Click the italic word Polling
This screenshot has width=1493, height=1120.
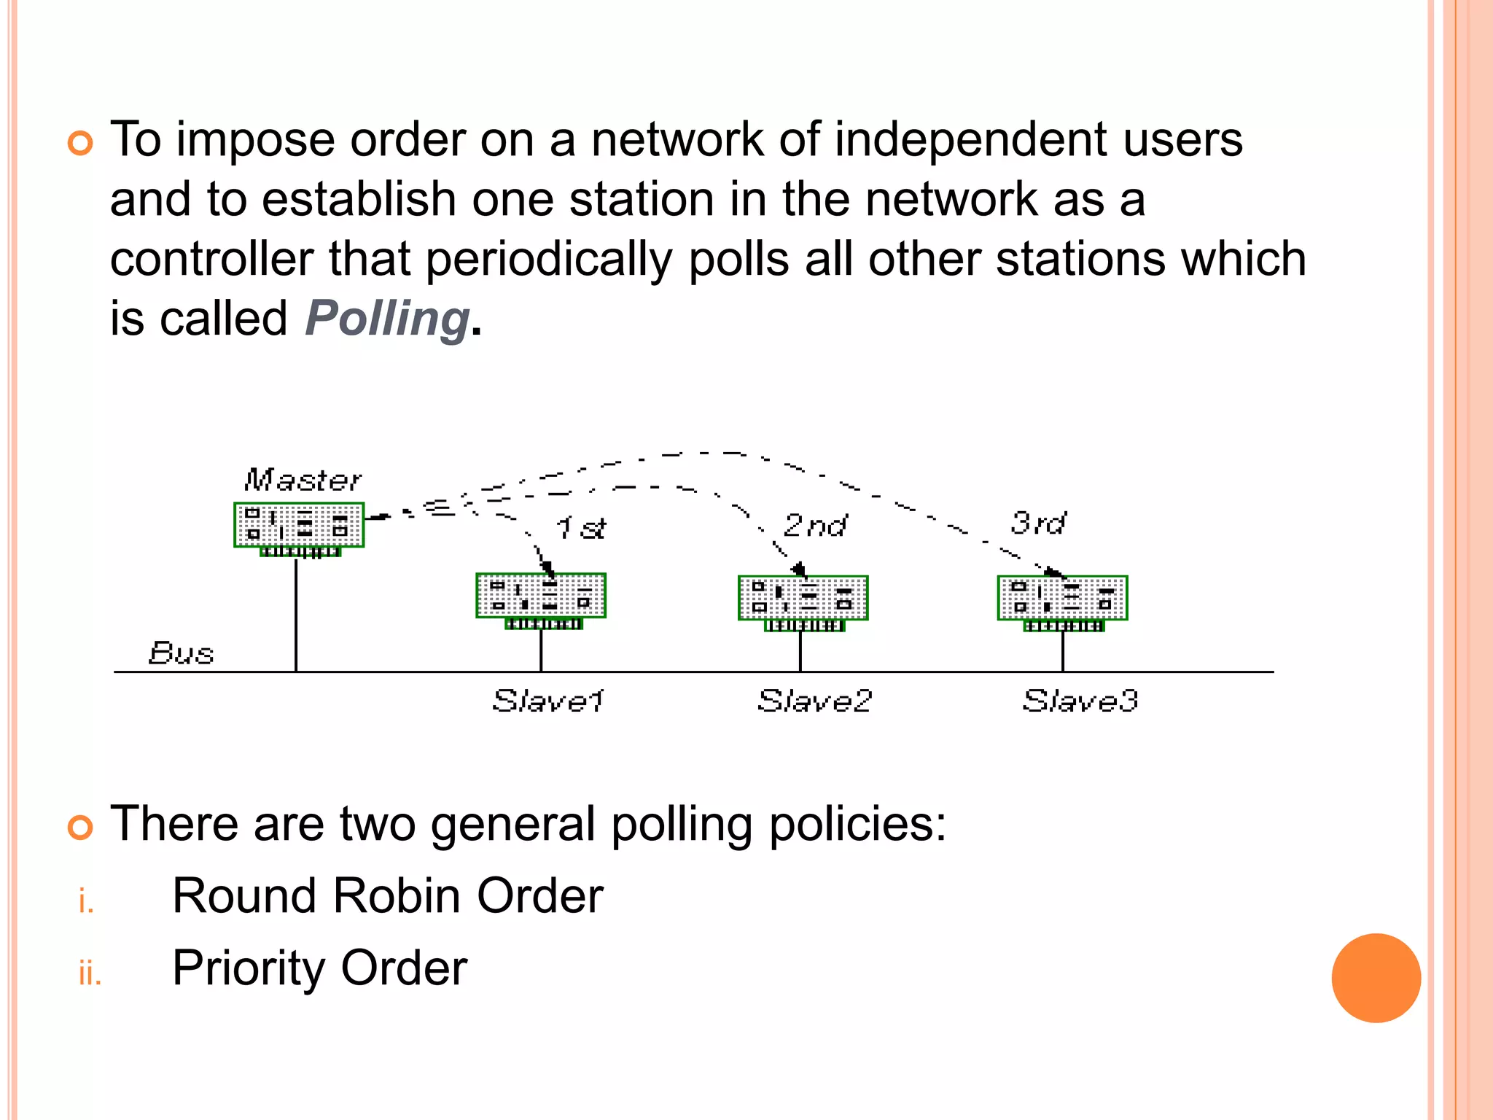[386, 319]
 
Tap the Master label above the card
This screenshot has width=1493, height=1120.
[303, 480]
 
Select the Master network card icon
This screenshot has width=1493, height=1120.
[299, 526]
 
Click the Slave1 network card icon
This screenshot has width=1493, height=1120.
[541, 598]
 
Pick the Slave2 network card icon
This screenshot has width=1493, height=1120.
[803, 600]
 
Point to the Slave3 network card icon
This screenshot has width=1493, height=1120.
[1062, 600]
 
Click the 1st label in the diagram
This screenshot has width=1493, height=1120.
[580, 527]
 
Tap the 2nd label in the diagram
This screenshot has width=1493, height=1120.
[815, 525]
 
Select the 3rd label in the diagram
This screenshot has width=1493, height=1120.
[1037, 523]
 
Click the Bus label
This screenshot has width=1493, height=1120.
[181, 653]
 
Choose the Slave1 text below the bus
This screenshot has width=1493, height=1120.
[548, 701]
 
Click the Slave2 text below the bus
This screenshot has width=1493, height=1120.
[814, 701]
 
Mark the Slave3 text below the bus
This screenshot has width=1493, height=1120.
[1080, 701]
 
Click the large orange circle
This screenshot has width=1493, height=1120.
[1376, 978]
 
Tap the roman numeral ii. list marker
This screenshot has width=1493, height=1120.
[90, 973]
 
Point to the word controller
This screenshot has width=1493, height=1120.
[211, 260]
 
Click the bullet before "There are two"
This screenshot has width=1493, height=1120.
[80, 828]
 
